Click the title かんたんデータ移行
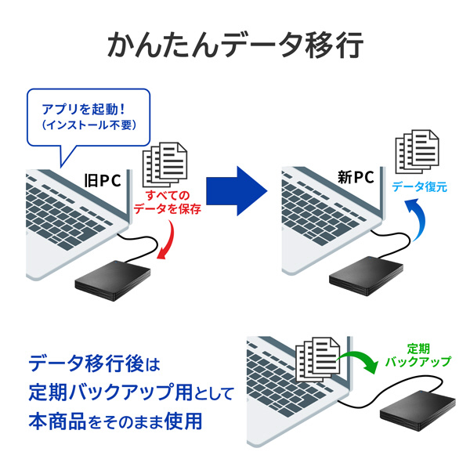[x=235, y=45]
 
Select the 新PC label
[x=355, y=178]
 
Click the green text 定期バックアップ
[x=418, y=356]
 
